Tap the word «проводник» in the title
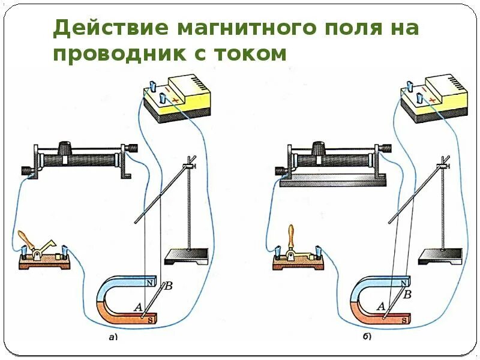[x=119, y=55]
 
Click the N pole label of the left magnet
[x=151, y=281]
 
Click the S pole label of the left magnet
[x=150, y=320]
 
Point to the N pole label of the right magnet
[x=406, y=282]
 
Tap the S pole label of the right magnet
[x=405, y=320]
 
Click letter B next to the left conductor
[x=169, y=286]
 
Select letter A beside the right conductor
[x=380, y=306]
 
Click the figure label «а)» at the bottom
[x=112, y=337]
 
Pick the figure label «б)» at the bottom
[x=367, y=337]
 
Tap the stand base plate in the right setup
[x=442, y=254]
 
